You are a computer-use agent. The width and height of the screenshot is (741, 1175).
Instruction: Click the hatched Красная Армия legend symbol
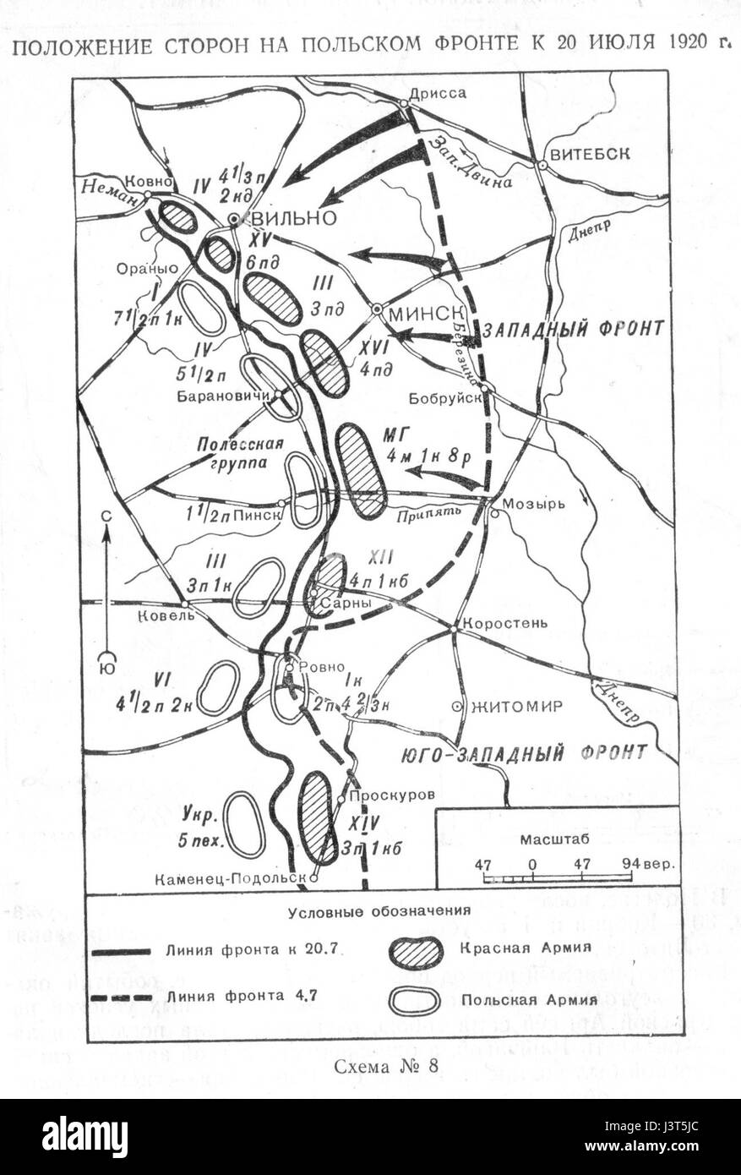415,953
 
